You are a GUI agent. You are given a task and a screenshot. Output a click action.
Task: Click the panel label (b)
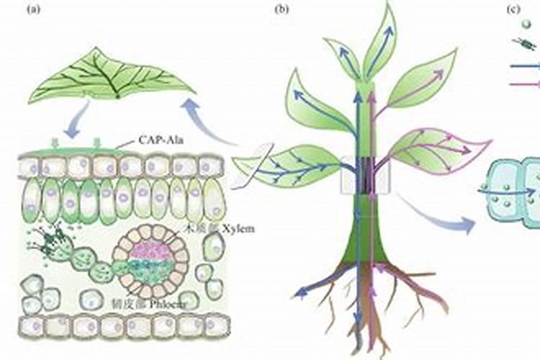282,9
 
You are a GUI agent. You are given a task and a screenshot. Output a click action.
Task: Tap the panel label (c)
513,9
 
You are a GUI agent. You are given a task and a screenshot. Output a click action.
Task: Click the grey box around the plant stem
365,176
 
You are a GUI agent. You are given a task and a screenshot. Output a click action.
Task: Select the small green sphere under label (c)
516,24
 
